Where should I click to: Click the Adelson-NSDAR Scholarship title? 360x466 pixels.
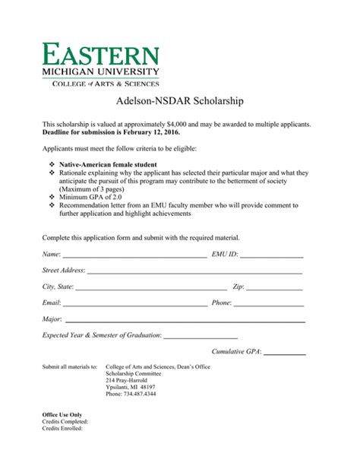tap(180, 100)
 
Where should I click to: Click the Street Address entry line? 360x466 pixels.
tap(195, 272)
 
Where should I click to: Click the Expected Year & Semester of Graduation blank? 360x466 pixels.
tap(201, 338)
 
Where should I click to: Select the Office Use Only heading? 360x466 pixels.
tap(62, 414)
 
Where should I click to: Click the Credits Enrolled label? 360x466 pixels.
tap(62, 428)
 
